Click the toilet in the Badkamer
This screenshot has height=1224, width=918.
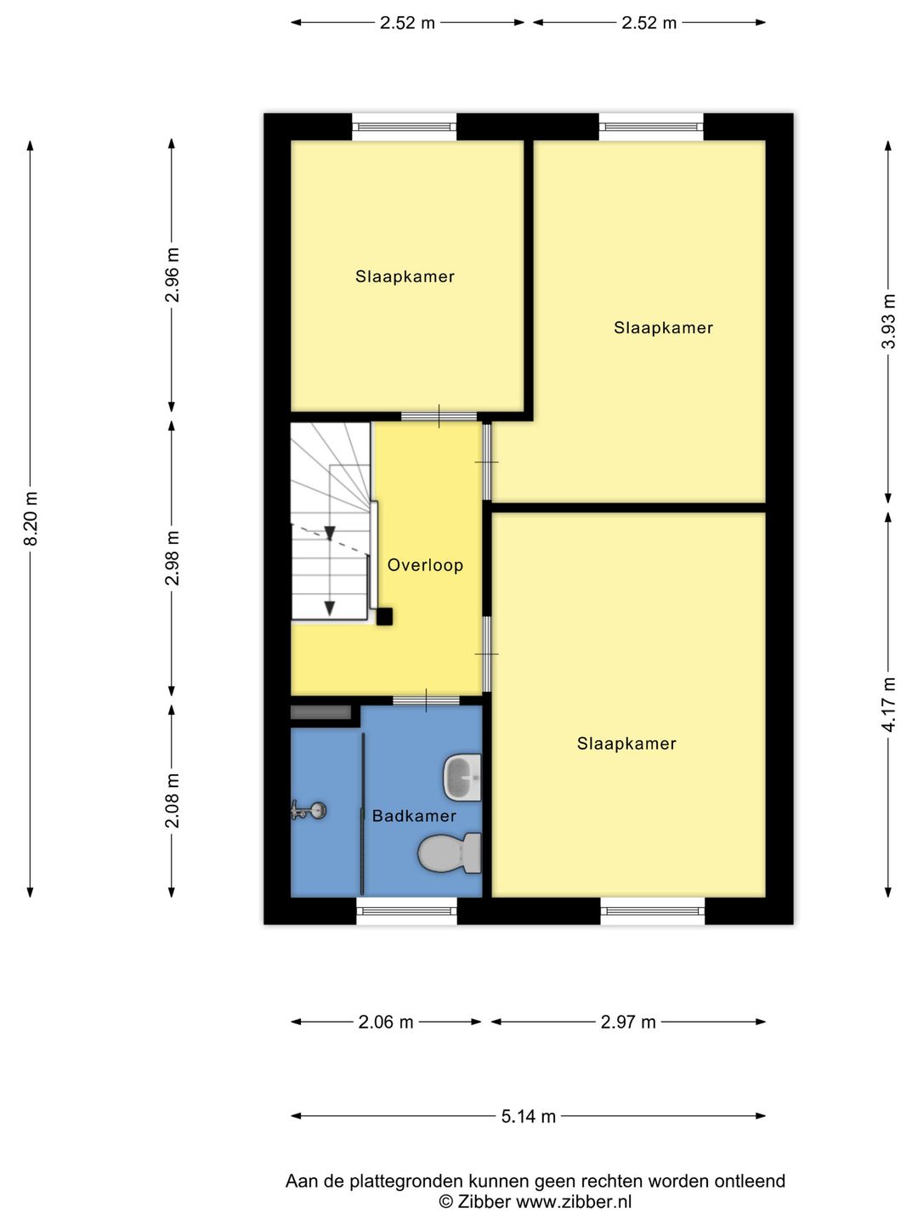(x=450, y=853)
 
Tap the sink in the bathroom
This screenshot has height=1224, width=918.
(x=462, y=778)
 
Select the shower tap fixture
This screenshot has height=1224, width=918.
(x=309, y=810)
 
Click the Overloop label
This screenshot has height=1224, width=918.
(x=425, y=565)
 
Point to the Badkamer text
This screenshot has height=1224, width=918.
(x=414, y=816)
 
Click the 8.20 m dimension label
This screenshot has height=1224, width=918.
(x=31, y=518)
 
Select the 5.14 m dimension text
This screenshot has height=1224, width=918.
(x=529, y=1116)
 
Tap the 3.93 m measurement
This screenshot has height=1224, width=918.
(x=888, y=321)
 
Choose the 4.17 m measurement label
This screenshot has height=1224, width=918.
(x=888, y=705)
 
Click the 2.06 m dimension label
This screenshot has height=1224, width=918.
(x=386, y=1023)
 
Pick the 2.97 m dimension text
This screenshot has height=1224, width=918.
(x=628, y=1023)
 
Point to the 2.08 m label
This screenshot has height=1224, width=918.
(x=173, y=801)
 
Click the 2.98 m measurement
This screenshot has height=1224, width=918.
(x=173, y=558)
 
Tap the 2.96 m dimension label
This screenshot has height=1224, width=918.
(x=173, y=275)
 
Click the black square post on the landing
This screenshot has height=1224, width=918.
(x=384, y=616)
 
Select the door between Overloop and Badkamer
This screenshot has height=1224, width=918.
(x=427, y=701)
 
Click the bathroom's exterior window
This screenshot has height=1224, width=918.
(x=406, y=910)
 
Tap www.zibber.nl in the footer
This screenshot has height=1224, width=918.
(x=574, y=1201)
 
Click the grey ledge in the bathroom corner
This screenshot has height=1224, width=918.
(x=321, y=712)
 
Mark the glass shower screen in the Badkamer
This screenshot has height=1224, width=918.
(x=363, y=814)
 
